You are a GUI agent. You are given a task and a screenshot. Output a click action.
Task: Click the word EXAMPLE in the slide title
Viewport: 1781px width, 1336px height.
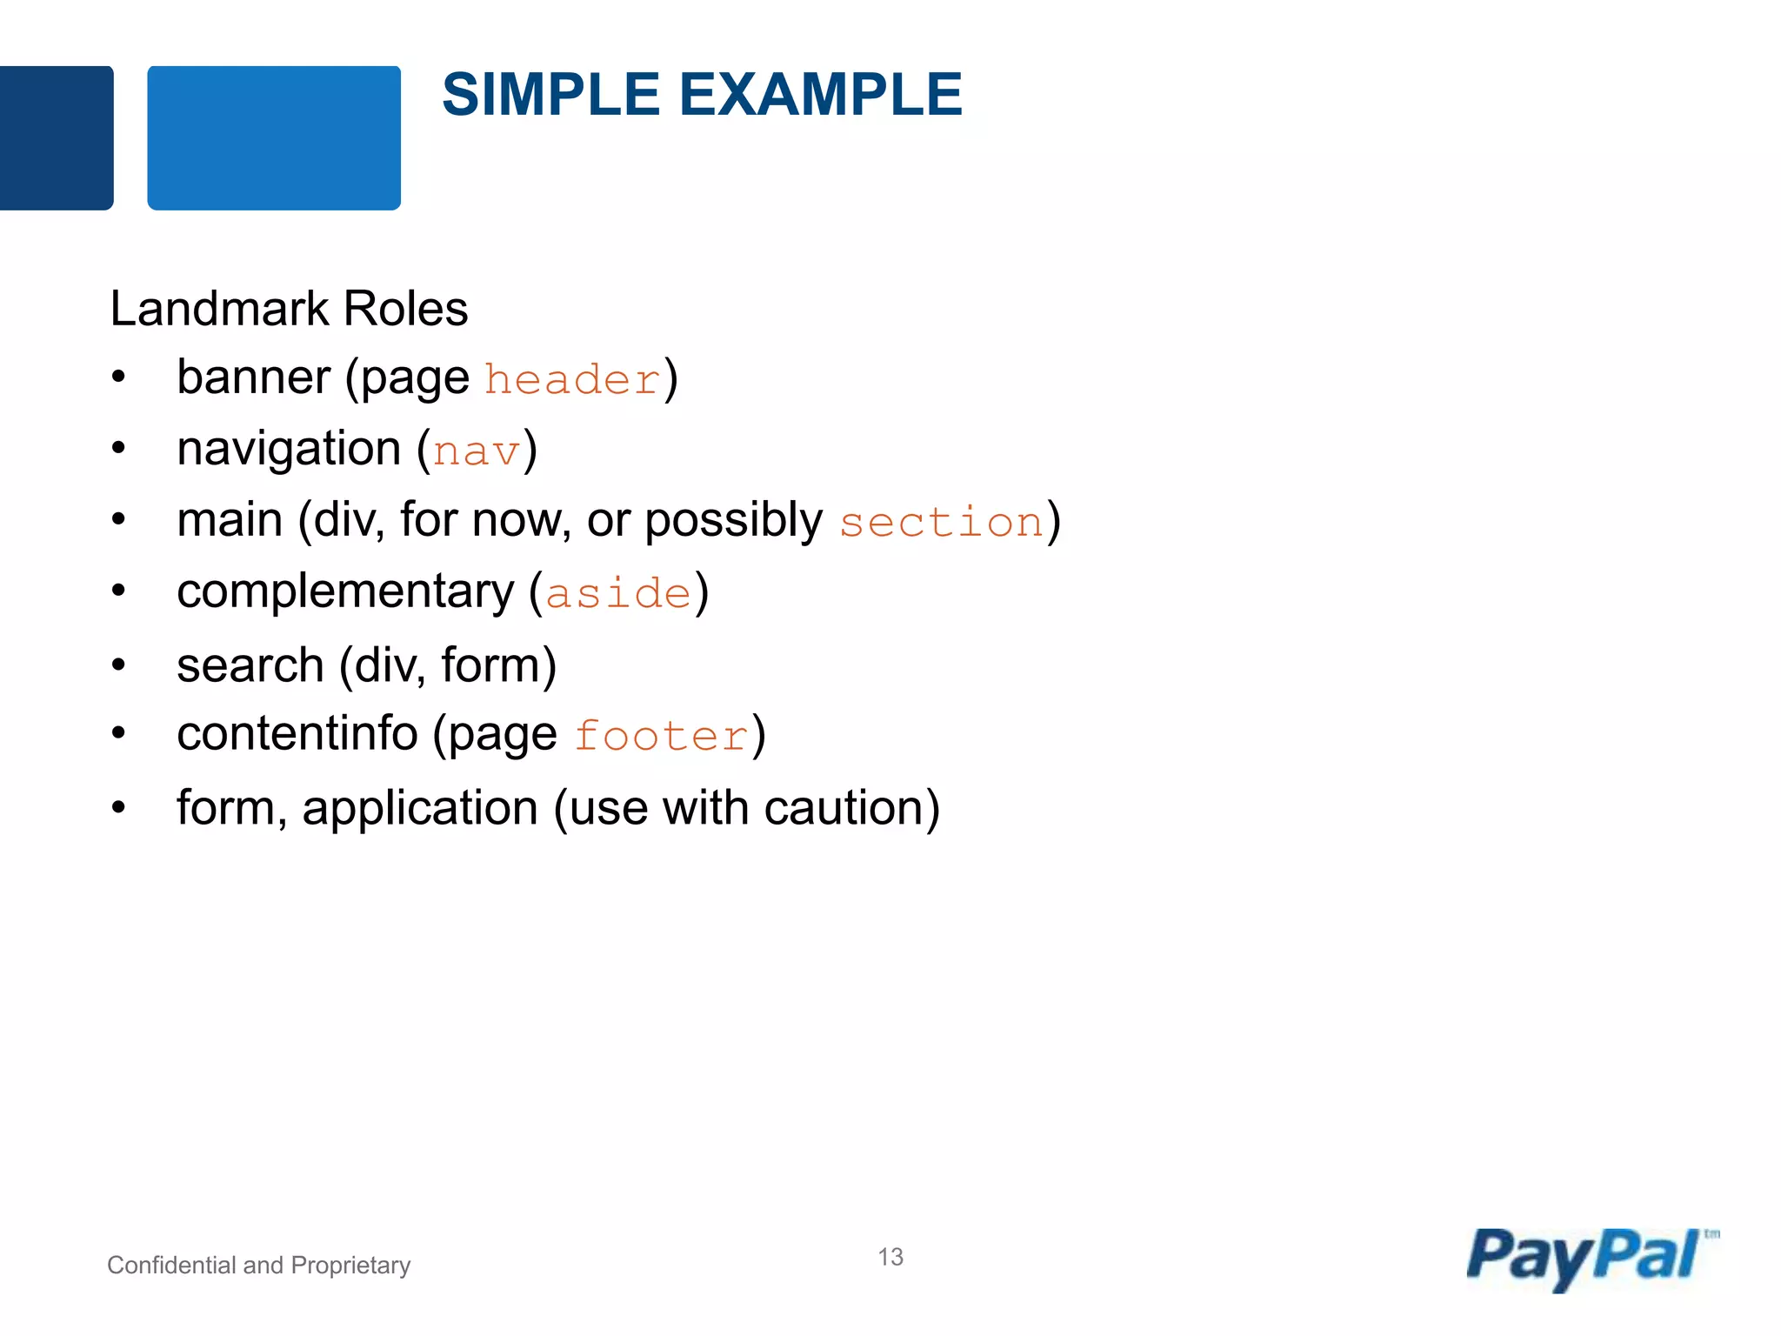(820, 94)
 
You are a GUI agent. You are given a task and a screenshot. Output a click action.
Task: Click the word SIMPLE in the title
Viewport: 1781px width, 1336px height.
(551, 94)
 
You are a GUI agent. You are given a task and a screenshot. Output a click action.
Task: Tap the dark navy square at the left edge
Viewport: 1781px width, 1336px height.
(56, 137)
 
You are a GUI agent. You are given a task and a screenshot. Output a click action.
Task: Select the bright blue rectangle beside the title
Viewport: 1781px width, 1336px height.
(274, 137)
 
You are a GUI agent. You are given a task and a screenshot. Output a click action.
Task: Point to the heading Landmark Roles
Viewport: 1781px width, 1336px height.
(289, 309)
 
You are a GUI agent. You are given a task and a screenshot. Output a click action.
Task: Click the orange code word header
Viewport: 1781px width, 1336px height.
(572, 380)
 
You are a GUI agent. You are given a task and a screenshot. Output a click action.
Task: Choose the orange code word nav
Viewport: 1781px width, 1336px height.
(476, 451)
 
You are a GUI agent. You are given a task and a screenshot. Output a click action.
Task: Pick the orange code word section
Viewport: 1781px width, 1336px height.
(941, 523)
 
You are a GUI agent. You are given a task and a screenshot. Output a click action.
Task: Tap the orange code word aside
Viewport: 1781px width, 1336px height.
(618, 594)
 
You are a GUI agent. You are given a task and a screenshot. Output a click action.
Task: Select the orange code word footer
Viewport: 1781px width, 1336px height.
(661, 737)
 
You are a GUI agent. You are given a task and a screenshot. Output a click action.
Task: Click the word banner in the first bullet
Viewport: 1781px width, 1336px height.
(253, 377)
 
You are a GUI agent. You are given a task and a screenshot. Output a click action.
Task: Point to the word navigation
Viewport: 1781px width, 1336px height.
(289, 450)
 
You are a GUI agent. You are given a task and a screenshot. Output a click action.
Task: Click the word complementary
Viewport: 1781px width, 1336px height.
(345, 592)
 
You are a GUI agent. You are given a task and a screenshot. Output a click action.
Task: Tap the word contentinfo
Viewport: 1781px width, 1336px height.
(297, 733)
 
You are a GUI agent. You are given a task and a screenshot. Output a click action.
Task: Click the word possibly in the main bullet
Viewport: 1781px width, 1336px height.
(733, 521)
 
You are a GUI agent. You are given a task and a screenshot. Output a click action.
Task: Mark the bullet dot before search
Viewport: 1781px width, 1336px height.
(119, 665)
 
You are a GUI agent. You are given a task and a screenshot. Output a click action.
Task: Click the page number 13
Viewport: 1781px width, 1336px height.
(890, 1257)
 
